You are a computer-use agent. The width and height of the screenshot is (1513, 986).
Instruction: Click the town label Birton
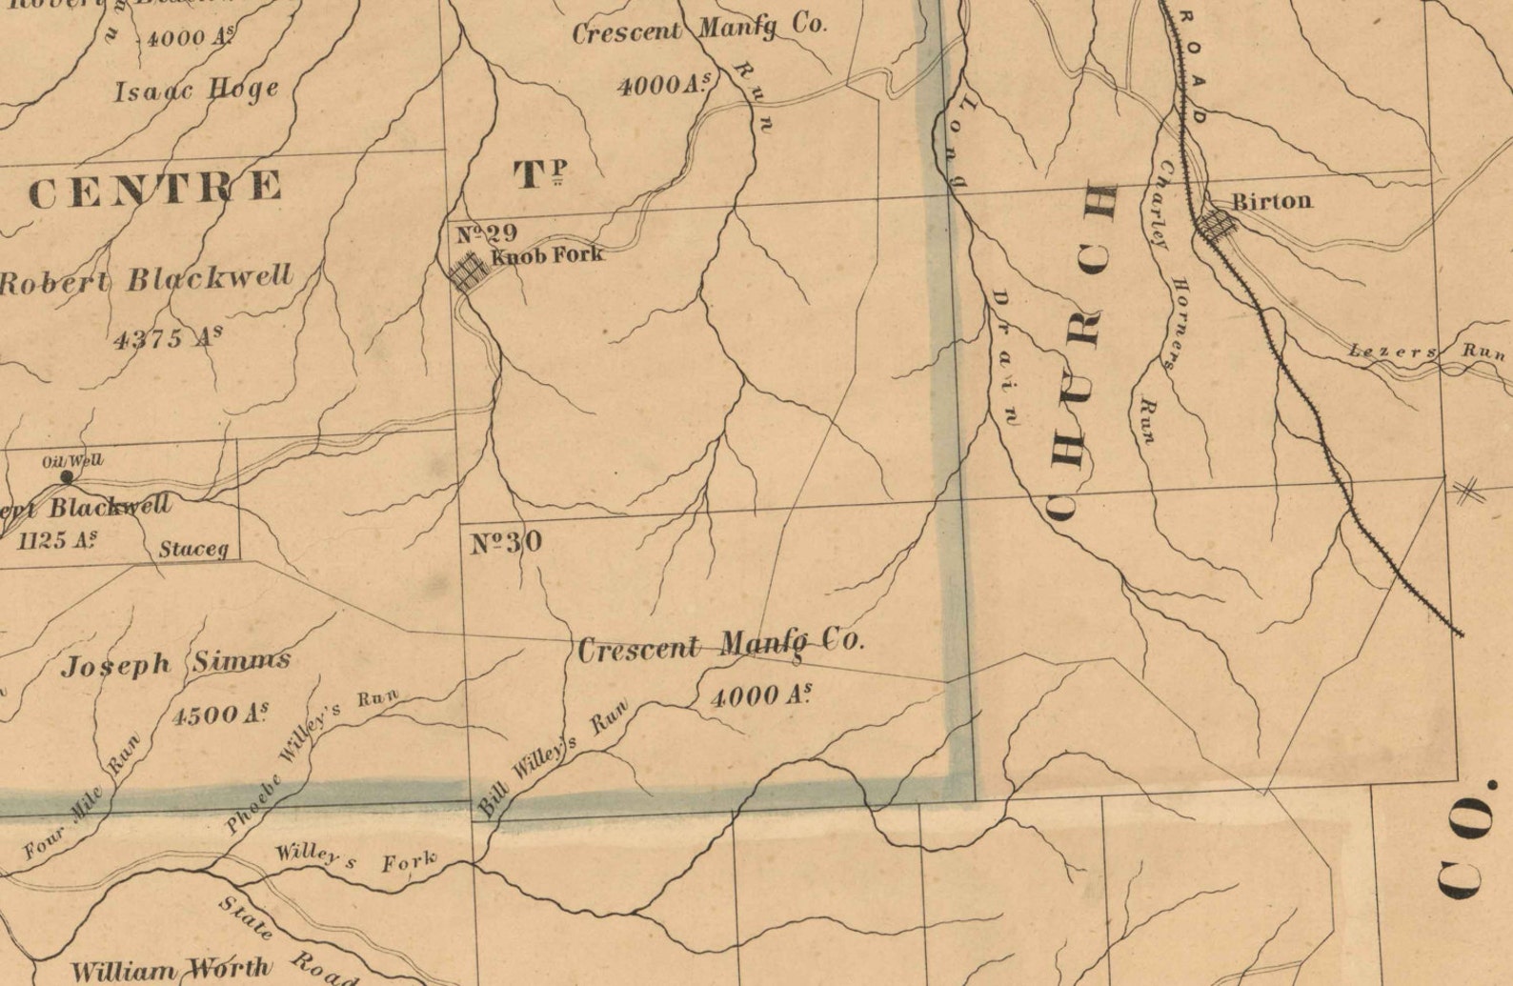(x=1271, y=201)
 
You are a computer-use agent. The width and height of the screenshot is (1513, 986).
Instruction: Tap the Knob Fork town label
(x=547, y=254)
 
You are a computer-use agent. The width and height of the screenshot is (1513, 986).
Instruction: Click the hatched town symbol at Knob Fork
(x=469, y=272)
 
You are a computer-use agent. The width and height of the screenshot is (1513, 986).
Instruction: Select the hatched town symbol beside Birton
(x=1217, y=225)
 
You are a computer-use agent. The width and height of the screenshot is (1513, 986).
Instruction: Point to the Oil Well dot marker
(x=67, y=476)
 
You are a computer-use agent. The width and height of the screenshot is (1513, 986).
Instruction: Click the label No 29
(x=486, y=233)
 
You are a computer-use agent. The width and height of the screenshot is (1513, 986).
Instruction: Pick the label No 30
(x=506, y=543)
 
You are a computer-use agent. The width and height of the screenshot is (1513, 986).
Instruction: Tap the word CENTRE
(x=155, y=188)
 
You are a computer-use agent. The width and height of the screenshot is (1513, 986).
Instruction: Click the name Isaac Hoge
(x=197, y=91)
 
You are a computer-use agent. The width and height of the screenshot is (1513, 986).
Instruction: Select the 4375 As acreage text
(x=168, y=337)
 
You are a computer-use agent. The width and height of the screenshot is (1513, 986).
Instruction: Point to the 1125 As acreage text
(x=57, y=540)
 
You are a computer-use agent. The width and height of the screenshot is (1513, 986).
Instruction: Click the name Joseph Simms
(x=175, y=663)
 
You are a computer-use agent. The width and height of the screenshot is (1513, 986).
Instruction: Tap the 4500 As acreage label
(x=220, y=714)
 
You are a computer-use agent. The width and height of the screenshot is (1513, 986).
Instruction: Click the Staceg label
(x=193, y=549)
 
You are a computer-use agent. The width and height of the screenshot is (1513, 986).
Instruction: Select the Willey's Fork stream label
(x=355, y=858)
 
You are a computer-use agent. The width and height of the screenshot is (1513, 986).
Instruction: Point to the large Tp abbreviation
(x=540, y=174)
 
